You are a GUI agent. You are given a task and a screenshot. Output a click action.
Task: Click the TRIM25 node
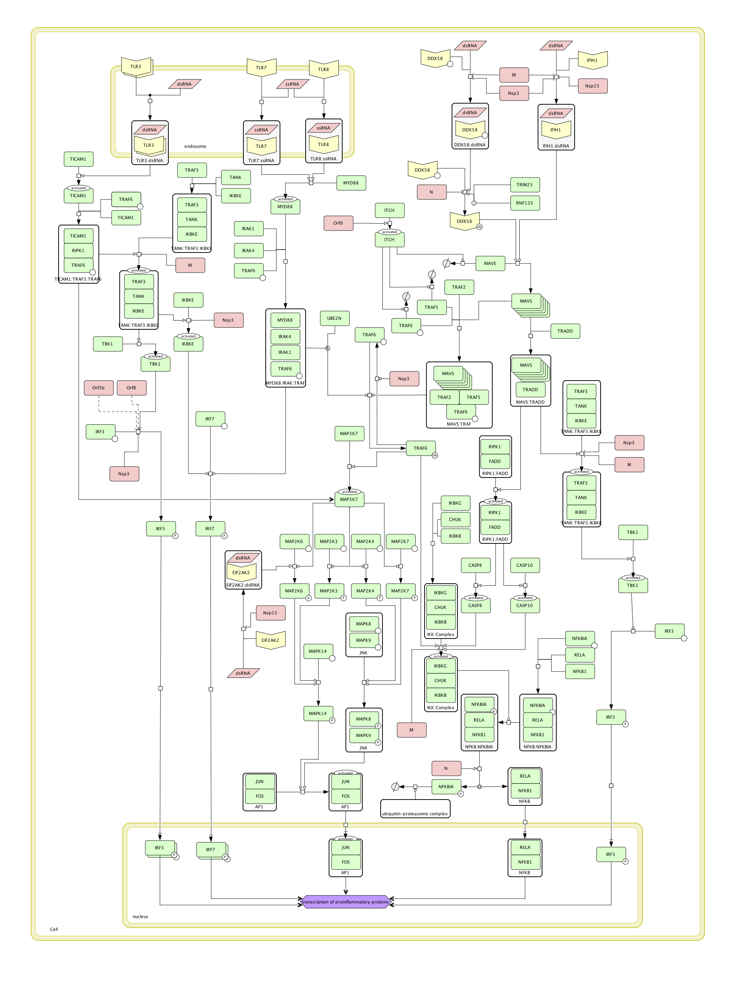(x=524, y=185)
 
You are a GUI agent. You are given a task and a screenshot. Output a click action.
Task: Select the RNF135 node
(x=524, y=203)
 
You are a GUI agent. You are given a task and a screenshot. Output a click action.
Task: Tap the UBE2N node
(x=335, y=318)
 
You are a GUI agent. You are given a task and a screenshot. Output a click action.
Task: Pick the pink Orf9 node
(x=338, y=223)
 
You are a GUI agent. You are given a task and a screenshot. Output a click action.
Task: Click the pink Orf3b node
(x=98, y=388)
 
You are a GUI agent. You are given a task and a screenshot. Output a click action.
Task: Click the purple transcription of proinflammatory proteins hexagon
(x=345, y=902)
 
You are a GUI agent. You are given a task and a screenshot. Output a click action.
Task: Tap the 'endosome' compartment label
(x=195, y=146)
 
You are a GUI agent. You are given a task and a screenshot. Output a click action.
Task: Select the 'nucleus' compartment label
(x=140, y=916)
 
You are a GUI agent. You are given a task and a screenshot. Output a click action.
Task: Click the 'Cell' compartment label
(x=54, y=929)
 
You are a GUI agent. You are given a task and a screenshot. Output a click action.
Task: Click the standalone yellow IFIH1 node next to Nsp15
(x=593, y=60)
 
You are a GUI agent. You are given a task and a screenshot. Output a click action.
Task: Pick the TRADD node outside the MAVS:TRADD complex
(x=565, y=331)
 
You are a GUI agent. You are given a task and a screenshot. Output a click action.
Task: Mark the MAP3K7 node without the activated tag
(x=349, y=433)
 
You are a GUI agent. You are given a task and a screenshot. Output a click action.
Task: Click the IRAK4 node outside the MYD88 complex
(x=249, y=250)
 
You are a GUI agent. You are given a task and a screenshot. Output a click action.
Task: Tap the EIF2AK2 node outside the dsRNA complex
(x=270, y=640)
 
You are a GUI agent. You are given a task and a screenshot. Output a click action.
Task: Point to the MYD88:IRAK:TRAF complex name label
(x=285, y=383)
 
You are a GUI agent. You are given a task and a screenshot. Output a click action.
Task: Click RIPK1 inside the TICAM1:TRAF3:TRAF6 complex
(x=78, y=250)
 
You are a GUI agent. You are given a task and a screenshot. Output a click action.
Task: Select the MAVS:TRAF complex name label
(x=459, y=424)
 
